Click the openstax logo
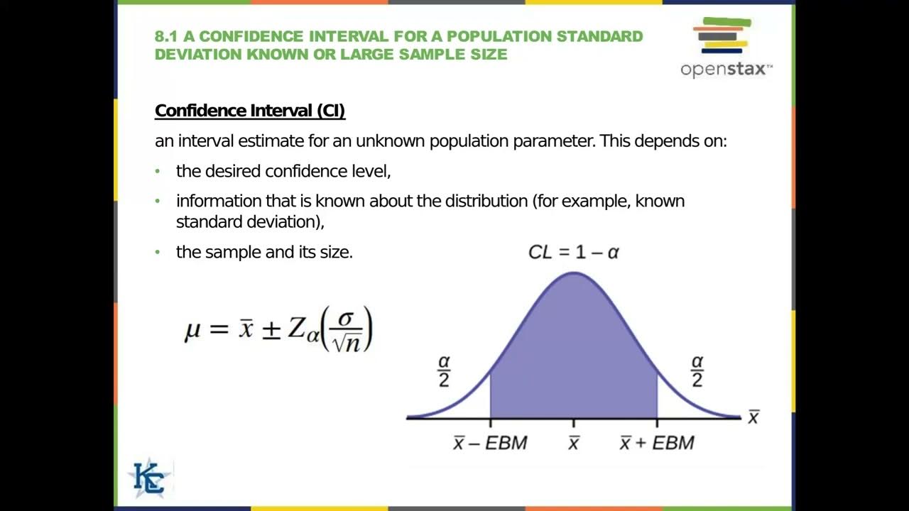coord(725,48)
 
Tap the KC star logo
coord(150,478)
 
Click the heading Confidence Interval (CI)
coord(250,111)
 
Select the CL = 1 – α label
coord(574,252)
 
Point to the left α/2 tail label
coord(445,371)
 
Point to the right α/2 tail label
coord(697,371)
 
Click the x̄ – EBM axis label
coord(490,444)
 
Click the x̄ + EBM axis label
coord(657,444)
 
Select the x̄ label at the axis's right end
coord(753,418)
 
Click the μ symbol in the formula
coord(192,330)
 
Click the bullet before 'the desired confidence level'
coord(158,172)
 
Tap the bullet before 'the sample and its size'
coord(158,252)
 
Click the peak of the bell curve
coord(574,273)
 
